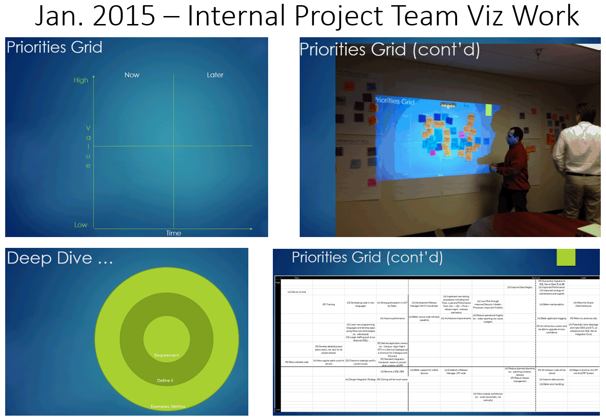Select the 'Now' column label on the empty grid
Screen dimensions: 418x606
132,75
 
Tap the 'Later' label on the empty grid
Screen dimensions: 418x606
215,75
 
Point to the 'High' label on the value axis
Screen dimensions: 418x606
81,80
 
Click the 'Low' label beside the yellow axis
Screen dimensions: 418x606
81,225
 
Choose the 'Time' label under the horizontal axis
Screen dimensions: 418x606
173,233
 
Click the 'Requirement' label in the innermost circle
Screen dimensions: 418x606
166,355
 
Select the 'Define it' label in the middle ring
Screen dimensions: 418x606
165,380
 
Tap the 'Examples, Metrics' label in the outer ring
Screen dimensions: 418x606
168,406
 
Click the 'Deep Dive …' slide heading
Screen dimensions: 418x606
59,258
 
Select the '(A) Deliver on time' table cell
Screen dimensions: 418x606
297,292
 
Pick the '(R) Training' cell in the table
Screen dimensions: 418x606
328,304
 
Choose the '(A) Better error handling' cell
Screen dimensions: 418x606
551,384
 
